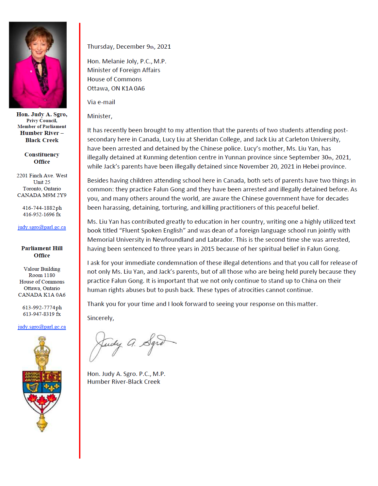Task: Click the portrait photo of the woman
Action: point(38,65)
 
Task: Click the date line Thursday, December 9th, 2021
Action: point(129,47)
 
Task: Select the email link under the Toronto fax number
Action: point(42,227)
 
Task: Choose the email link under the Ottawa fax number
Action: point(42,327)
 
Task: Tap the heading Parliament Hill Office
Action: point(42,252)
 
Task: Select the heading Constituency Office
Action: point(42,158)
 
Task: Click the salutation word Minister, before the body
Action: point(100,116)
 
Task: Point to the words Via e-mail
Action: point(101,102)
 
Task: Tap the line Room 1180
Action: point(42,275)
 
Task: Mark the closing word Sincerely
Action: point(100,318)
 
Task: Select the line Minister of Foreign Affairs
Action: point(123,70)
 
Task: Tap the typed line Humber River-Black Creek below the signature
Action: point(123,382)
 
